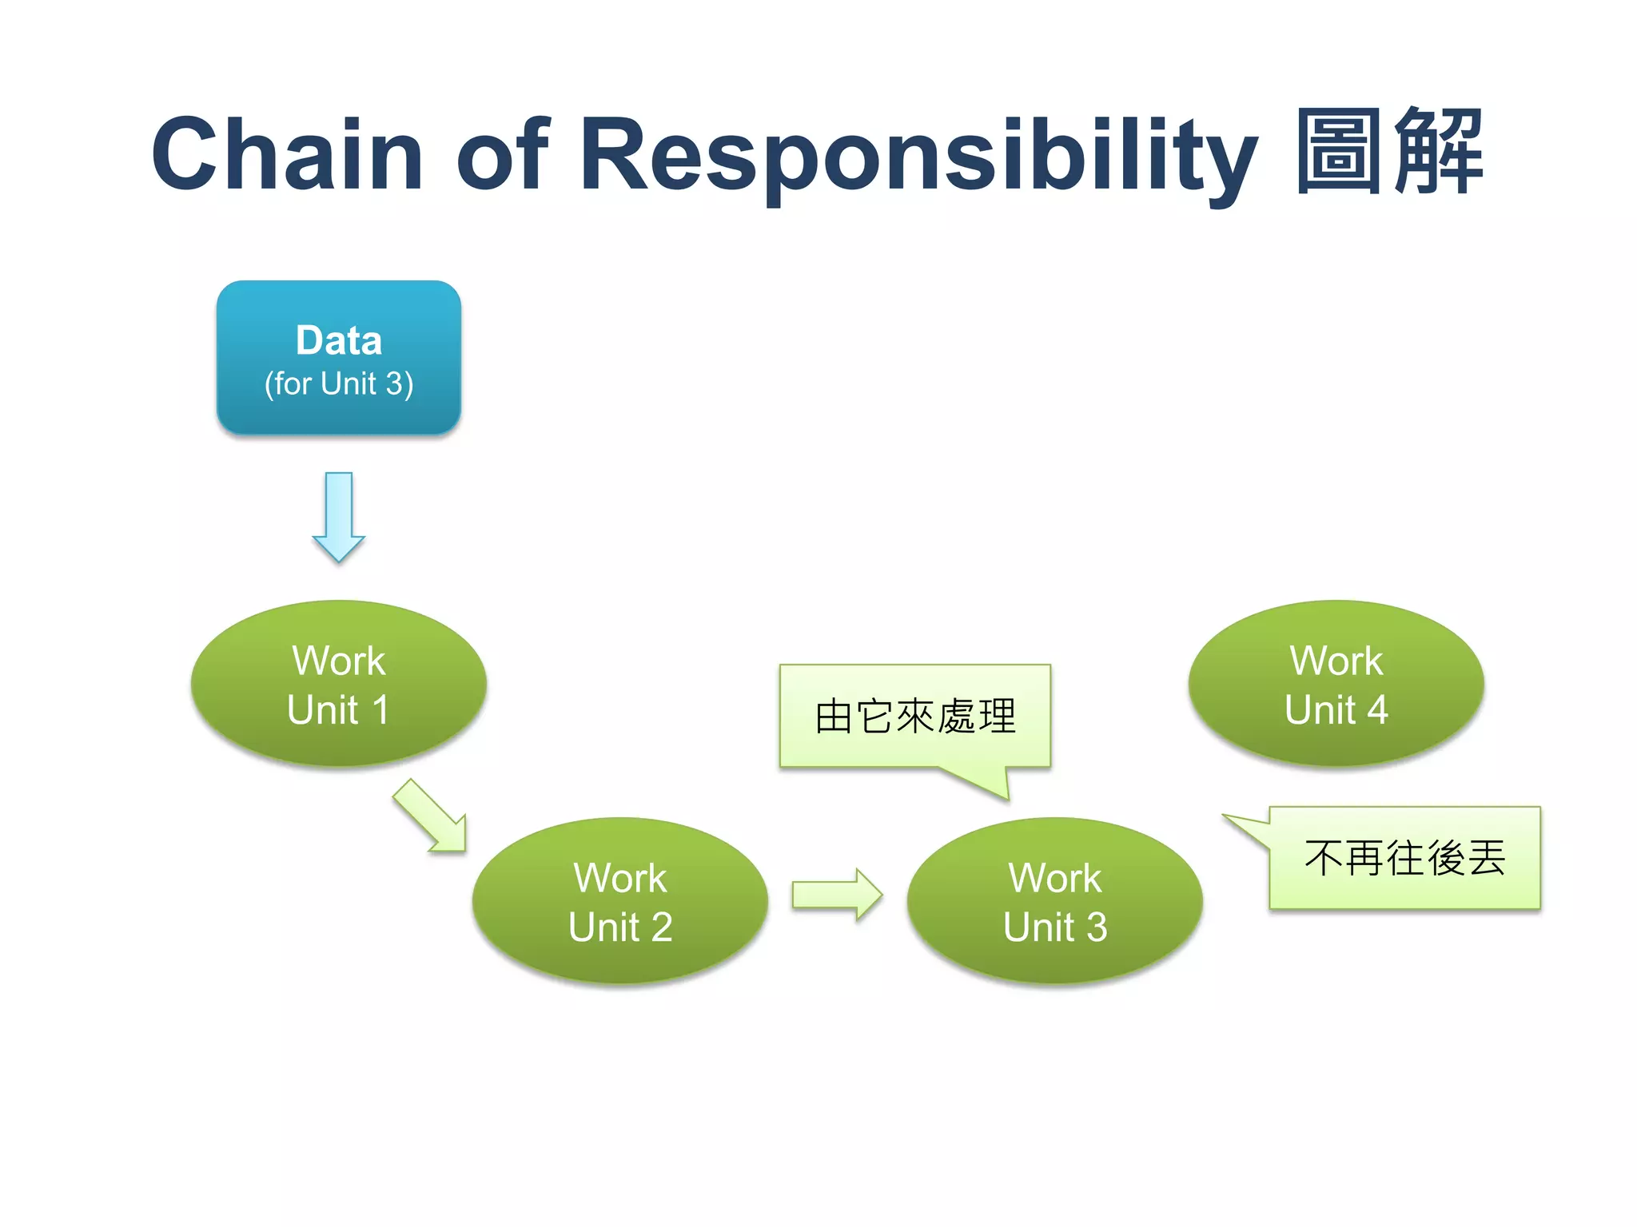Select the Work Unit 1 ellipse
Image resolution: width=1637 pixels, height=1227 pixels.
[x=338, y=684]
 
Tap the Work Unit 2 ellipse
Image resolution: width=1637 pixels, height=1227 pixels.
[x=620, y=901]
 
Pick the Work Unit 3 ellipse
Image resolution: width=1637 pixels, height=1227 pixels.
[x=1055, y=901]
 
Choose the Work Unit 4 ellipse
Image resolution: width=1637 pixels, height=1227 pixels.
[x=1336, y=684]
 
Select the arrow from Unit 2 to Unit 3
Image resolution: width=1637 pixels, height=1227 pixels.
[x=836, y=895]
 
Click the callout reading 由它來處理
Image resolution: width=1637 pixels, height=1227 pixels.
[x=915, y=716]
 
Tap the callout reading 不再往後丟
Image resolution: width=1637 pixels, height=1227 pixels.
[x=1404, y=858]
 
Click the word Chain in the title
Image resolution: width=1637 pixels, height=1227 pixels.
[x=287, y=154]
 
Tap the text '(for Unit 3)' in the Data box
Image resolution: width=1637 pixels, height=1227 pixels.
[x=339, y=384]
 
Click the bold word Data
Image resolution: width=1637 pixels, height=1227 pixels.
[x=339, y=340]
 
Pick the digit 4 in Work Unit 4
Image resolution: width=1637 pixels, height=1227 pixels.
[x=1376, y=709]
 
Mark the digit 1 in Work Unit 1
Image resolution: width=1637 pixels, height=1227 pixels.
[x=380, y=709]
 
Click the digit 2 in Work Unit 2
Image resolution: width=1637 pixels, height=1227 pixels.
[x=661, y=927]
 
